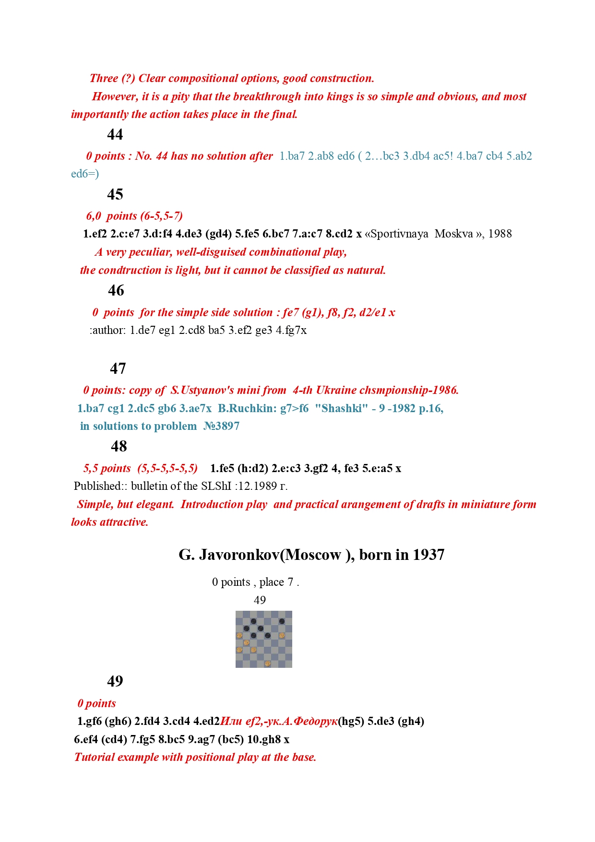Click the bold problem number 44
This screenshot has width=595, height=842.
coord(115,134)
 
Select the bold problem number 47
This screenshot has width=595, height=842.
coord(118,368)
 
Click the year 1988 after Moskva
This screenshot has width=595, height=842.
coord(500,234)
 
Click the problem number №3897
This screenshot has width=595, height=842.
coord(221,427)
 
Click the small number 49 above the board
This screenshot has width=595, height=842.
coord(260,601)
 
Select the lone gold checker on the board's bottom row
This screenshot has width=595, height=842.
coord(268,664)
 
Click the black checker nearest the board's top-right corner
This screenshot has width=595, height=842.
coord(282,622)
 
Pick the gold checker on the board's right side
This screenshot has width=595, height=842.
coord(282,636)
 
